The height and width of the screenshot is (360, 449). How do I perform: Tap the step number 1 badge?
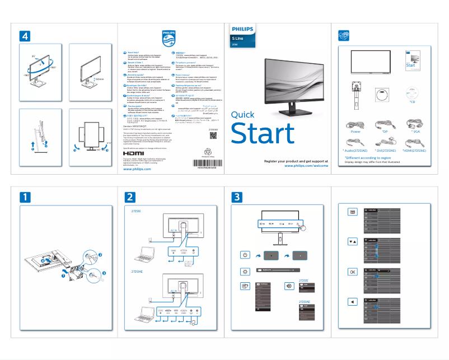coord(26,198)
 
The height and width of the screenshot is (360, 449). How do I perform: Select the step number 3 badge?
coord(238,198)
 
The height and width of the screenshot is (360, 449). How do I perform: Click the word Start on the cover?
coord(263,134)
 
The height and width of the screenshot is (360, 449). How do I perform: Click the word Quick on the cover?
coord(242,115)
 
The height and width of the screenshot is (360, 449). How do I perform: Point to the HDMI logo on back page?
coord(133,152)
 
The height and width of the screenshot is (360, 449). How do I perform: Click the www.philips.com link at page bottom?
coord(137,169)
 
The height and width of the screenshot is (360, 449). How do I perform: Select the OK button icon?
coord(352,272)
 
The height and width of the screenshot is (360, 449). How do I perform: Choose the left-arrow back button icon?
coord(352,302)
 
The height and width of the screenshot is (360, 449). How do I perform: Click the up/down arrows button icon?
coord(352,242)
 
